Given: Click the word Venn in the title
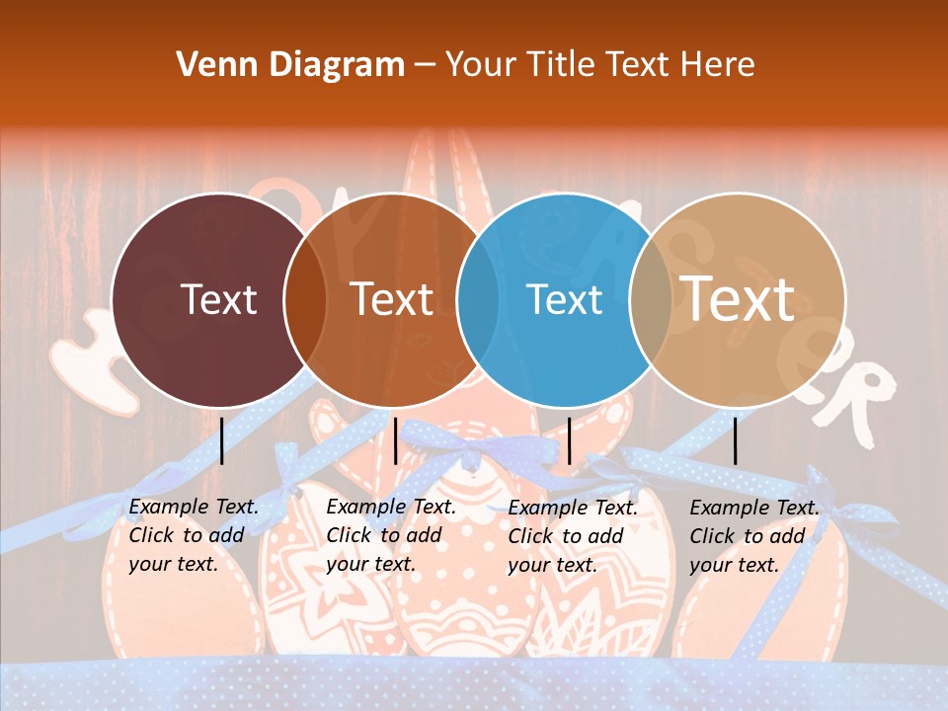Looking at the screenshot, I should [x=210, y=65].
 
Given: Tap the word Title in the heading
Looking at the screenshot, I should [x=561, y=65].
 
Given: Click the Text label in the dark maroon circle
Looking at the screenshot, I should [x=218, y=299].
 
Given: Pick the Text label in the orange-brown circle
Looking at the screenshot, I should [x=392, y=299].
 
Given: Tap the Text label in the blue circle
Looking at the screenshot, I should [x=565, y=299].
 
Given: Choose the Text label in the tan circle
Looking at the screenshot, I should [x=738, y=299].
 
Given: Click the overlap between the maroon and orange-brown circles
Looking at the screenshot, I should [x=305, y=299].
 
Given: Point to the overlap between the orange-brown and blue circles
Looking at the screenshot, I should [x=479, y=299].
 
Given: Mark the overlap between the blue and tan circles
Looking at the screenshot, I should [x=651, y=299].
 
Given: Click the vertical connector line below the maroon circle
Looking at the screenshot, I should [x=222, y=440].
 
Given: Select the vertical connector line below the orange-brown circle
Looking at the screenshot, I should [x=395, y=440].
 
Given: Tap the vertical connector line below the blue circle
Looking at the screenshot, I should [x=569, y=440].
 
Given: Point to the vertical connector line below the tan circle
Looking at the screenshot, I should [x=735, y=440].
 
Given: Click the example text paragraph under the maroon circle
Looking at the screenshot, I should [x=193, y=535].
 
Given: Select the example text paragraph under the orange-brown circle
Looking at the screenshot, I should [x=390, y=535].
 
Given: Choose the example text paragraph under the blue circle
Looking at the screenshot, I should [x=572, y=536].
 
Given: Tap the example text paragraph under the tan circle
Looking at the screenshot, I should [x=753, y=536].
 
